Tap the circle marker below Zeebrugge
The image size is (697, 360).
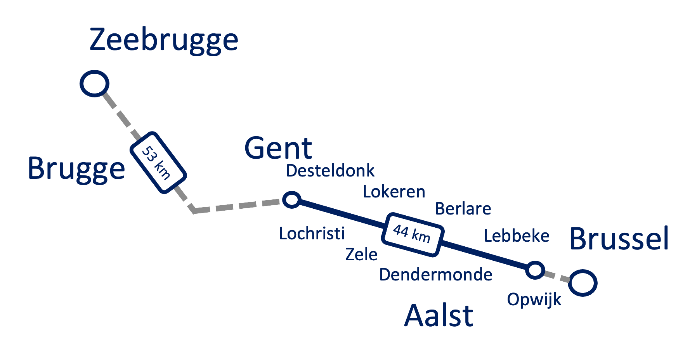(x=94, y=83)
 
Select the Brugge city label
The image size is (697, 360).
(x=76, y=169)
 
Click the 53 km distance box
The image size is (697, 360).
(x=158, y=163)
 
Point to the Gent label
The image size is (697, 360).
(x=278, y=148)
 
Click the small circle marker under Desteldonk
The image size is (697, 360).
(x=291, y=200)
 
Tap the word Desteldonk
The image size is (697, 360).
(x=330, y=171)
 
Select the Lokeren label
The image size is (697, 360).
(x=394, y=192)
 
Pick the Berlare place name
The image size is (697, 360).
(x=463, y=209)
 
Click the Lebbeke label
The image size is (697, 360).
(x=517, y=236)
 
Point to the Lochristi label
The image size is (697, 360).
(x=312, y=234)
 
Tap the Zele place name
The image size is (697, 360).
(x=361, y=254)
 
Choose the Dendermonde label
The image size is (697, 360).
(x=435, y=275)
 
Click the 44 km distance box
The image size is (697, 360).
(x=413, y=234)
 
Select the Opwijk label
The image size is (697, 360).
(x=534, y=300)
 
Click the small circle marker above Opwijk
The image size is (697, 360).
(x=535, y=270)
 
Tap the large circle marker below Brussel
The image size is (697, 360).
(x=583, y=283)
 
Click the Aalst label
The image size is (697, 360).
(x=439, y=316)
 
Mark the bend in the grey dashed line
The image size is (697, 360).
(x=194, y=211)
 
